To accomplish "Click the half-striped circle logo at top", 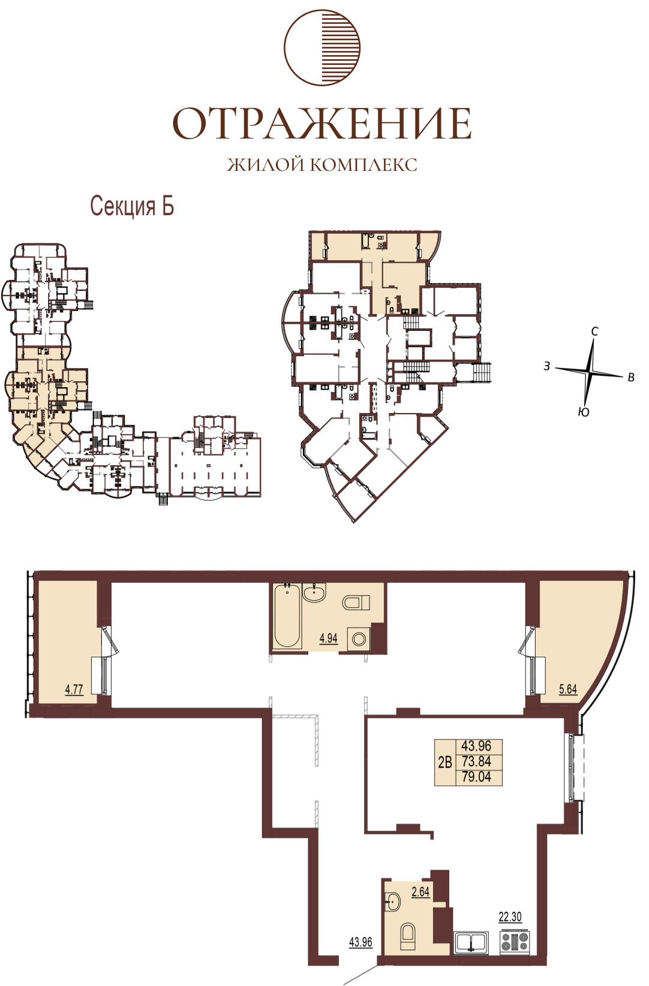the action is pos(322,47).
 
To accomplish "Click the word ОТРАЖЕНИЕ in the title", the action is pos(322,123).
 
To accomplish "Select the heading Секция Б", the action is pos(132,206).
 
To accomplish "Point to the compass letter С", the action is pos(594,331).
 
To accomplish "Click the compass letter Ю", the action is pos(584,412).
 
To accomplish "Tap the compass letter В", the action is pos(631,377).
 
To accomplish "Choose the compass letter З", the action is pos(547,366).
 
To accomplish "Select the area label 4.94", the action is pos(329,638).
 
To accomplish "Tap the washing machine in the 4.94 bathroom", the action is pos(359,639).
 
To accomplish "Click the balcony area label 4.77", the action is pos(74,689).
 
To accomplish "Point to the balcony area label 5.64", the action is pos(568,689).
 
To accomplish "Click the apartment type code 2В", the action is pos(445,762).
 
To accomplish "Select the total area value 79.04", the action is pos(476,776).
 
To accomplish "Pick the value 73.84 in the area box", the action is pos(476,761).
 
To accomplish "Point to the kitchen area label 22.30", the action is pos(510,917).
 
